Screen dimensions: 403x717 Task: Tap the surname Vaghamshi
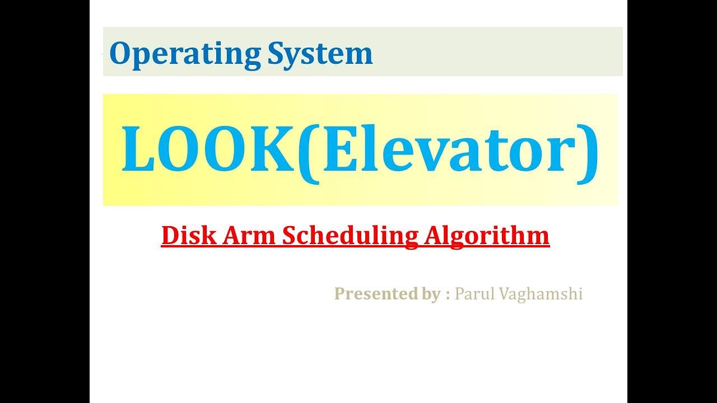(x=539, y=294)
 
